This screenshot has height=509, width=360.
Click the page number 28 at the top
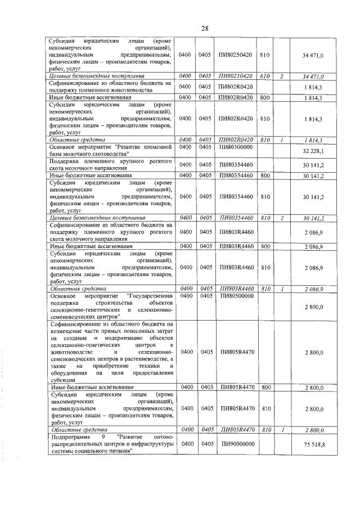point(205,29)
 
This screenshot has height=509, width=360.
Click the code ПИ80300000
point(235,147)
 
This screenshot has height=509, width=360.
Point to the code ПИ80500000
point(235,295)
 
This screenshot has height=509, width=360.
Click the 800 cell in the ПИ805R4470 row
point(267,388)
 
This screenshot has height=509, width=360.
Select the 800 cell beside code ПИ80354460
point(267,175)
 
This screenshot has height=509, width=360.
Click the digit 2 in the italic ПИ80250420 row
point(281,76)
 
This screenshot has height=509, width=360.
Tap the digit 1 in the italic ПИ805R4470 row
point(281,430)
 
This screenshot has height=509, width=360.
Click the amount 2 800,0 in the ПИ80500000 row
point(314,307)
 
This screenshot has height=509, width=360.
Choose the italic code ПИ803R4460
point(235,289)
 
